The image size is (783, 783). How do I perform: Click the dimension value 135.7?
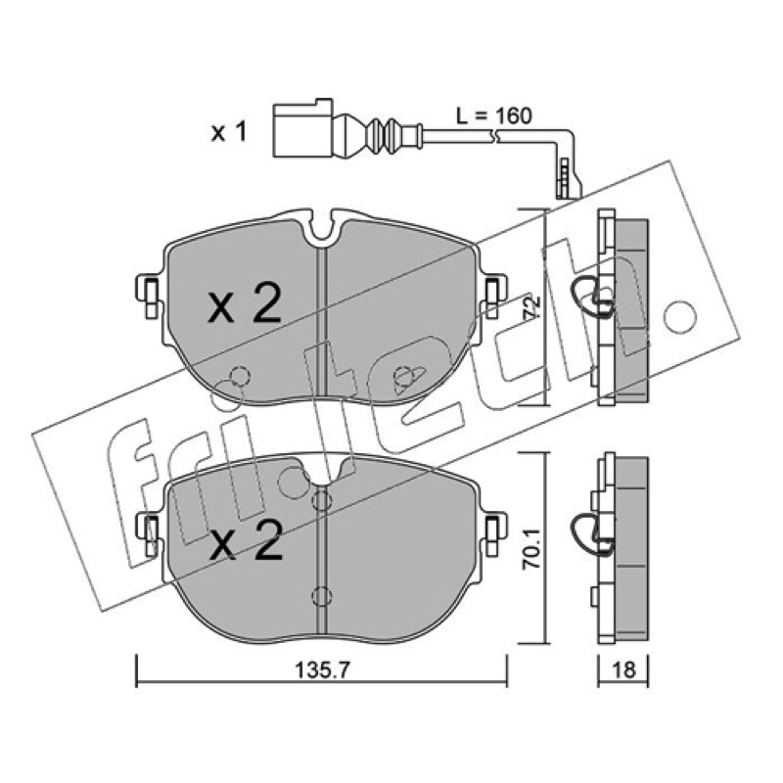point(323,670)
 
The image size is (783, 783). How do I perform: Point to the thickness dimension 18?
point(623,670)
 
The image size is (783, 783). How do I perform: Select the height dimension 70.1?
point(533,550)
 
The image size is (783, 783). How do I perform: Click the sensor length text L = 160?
point(494,115)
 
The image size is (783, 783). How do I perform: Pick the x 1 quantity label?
point(229,132)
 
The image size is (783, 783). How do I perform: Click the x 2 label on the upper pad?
point(245,305)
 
